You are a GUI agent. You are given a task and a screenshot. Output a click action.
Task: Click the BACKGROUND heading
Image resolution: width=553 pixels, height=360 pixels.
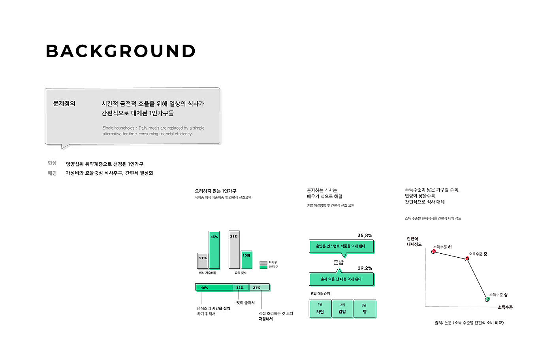pos(120,51)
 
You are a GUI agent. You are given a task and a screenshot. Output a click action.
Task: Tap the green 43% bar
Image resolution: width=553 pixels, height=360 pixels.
pos(214,250)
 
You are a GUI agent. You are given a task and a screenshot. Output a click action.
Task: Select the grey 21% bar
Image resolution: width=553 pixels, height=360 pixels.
pos(203,261)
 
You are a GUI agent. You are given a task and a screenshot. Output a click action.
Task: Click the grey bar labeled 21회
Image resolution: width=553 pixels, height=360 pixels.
pos(234,250)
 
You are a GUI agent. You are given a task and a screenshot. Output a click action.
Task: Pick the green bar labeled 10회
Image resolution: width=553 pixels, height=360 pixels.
pos(246,260)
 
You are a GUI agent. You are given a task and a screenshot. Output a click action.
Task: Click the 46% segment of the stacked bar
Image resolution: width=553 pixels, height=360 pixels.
pos(214,287)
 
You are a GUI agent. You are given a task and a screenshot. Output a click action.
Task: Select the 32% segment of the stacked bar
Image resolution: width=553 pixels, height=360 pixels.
pos(241,287)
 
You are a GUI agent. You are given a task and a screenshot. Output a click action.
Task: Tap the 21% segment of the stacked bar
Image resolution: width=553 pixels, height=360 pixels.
pos(260,287)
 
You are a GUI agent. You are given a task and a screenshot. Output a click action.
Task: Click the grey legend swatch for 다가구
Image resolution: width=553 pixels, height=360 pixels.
pos(263,263)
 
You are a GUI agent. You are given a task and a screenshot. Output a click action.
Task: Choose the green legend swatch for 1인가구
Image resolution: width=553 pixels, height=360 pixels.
pos(263,267)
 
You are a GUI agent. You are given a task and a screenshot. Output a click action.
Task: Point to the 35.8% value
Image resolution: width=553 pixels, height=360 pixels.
pos(365,236)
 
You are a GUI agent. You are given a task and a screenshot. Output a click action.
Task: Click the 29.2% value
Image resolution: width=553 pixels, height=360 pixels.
pos(365,268)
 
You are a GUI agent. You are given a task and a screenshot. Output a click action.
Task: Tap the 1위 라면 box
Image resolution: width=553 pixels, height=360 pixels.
pos(320,309)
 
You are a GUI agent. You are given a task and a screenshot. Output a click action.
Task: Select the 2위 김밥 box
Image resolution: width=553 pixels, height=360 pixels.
pos(342,309)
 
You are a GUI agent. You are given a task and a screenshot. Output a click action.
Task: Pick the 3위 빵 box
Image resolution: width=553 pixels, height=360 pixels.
pos(364,309)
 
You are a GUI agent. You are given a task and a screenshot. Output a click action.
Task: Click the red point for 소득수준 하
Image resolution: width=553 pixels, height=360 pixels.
pos(434,252)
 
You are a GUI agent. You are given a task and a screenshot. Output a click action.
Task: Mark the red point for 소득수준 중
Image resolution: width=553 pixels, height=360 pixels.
pos(467,259)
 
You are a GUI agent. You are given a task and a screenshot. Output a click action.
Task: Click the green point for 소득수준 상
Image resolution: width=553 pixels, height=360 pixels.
pos(487,300)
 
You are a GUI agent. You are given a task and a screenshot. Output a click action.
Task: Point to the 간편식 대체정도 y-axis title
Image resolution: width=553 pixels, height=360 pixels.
pos(414,241)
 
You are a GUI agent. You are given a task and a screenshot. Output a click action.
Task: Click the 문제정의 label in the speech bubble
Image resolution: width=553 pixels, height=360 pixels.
pos(64,104)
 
